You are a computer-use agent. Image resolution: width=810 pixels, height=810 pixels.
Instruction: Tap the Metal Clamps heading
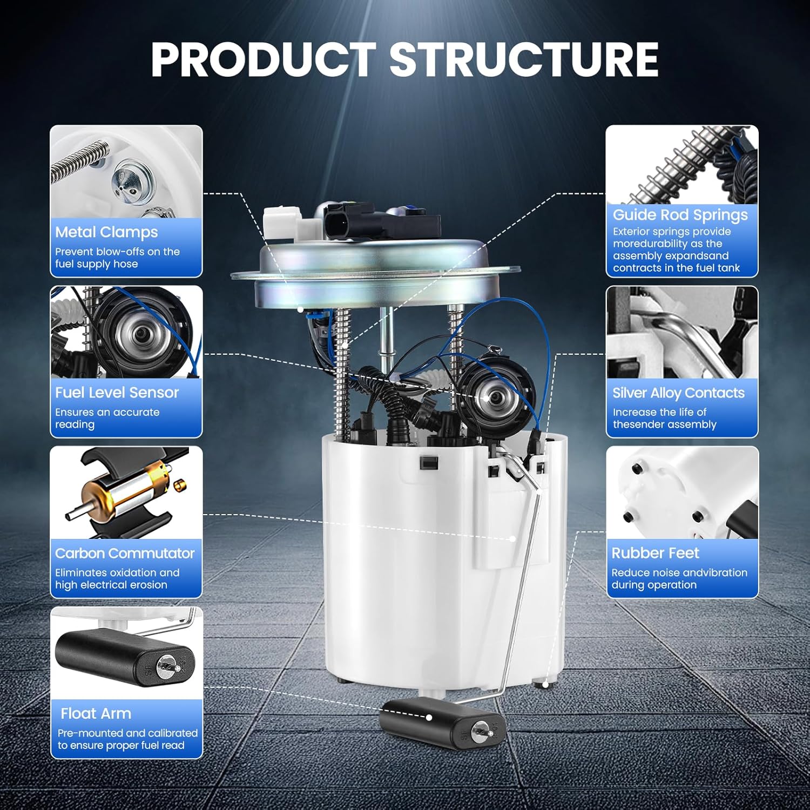(x=106, y=232)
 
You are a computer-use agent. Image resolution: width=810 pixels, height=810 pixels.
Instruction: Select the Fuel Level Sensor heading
(x=117, y=393)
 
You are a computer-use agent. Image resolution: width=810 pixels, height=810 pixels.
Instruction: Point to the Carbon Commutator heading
(x=124, y=553)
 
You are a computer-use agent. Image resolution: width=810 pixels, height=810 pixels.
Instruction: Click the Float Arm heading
(x=96, y=713)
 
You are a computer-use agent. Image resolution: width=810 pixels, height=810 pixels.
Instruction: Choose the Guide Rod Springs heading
(x=680, y=215)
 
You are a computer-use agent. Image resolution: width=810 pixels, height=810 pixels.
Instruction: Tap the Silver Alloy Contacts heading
(x=678, y=393)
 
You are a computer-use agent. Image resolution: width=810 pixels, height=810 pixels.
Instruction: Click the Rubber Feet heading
(x=655, y=553)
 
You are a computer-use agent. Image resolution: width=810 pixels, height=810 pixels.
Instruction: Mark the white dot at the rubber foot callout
(x=545, y=685)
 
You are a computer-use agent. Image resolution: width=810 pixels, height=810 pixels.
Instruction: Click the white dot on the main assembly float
(x=429, y=717)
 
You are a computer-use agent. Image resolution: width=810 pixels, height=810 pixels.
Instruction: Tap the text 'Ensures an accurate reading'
(x=107, y=418)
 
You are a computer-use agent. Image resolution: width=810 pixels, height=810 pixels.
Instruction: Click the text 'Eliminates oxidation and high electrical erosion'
(x=117, y=578)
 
